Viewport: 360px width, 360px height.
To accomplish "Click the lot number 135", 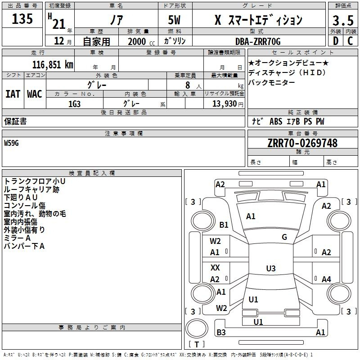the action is click(x=22, y=18).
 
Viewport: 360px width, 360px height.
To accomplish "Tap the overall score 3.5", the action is click(x=343, y=20).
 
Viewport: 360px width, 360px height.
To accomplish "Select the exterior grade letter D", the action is click(x=335, y=41).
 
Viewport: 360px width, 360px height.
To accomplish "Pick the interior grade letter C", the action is click(x=350, y=41).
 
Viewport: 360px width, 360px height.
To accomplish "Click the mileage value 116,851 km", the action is click(x=53, y=65).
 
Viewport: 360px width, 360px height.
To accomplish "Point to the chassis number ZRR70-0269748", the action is click(x=302, y=143).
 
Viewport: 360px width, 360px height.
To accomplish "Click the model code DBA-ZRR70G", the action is click(x=258, y=41).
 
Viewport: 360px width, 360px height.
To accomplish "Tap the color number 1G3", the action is click(x=74, y=104).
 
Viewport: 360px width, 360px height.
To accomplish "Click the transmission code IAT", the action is click(x=13, y=94).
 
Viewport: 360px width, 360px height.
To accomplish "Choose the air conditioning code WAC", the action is click(x=35, y=94).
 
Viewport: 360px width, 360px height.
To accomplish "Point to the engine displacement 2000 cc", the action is click(x=141, y=41).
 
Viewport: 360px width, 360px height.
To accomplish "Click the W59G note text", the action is click(x=11, y=143).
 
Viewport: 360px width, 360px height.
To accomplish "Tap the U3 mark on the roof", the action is click(x=271, y=268).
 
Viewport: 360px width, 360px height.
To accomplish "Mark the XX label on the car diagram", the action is click(x=215, y=267).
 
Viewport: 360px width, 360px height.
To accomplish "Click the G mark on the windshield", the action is click(x=284, y=237).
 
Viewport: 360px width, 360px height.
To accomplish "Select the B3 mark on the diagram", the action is click(x=221, y=332).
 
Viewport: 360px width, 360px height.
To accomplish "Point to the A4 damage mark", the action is click(x=326, y=279).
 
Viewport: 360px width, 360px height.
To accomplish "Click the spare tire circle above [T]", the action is click(x=197, y=328).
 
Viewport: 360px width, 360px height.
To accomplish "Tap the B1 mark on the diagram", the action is click(x=224, y=225).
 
